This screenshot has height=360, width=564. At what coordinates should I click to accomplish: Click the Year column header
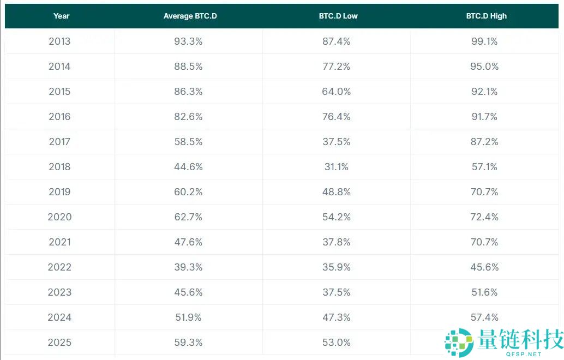(x=61, y=16)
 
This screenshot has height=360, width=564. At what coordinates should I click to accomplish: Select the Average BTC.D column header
(x=190, y=16)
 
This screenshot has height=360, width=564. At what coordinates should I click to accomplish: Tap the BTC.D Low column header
(x=338, y=16)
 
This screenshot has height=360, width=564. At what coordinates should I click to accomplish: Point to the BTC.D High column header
(x=486, y=16)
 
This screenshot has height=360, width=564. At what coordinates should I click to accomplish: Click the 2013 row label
(x=59, y=41)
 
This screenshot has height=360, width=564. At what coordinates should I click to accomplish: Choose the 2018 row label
(x=59, y=167)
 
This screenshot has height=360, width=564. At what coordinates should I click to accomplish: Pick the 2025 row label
(x=59, y=343)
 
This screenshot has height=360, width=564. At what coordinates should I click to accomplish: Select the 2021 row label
(x=59, y=242)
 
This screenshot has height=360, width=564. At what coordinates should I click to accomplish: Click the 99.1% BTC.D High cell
(x=484, y=41)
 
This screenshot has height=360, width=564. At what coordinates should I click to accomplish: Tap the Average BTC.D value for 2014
(x=188, y=67)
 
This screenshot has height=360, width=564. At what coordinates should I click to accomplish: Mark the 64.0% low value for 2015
(x=337, y=92)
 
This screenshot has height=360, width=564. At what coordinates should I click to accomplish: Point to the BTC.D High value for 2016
(x=484, y=117)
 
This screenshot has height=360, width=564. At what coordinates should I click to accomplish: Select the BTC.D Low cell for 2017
(x=337, y=142)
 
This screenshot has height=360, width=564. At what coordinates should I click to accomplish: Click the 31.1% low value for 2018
(x=337, y=167)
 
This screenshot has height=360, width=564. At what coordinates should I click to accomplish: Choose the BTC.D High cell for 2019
(x=484, y=192)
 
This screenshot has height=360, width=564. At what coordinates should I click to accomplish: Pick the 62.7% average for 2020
(x=188, y=217)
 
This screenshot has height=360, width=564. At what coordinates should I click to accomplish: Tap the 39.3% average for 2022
(x=188, y=267)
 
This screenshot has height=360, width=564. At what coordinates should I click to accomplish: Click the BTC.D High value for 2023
(x=484, y=292)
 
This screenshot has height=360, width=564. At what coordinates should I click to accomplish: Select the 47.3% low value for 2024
(x=337, y=317)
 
